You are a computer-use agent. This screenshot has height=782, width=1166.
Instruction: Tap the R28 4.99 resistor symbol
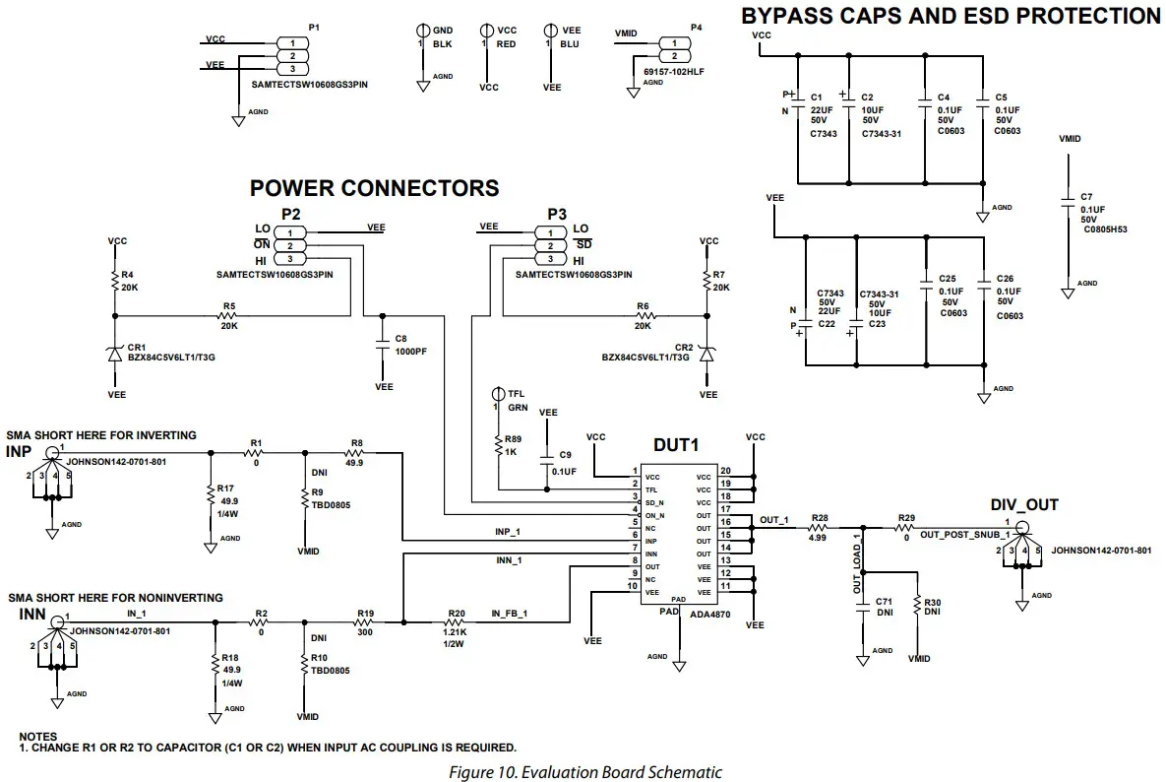tap(817, 528)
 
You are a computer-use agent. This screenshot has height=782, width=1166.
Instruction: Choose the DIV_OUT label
tap(1024, 505)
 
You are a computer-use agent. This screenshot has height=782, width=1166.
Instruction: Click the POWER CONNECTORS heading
tap(374, 188)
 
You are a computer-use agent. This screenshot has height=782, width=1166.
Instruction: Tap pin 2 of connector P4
tap(674, 57)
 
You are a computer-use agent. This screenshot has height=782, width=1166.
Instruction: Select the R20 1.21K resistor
tap(456, 621)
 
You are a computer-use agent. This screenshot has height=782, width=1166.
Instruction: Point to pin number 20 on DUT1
tap(725, 471)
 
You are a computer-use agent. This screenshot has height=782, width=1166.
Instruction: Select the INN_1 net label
tap(510, 560)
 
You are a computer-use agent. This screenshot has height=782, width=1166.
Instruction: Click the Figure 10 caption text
tap(585, 772)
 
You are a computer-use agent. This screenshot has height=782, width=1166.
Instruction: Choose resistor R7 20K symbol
tap(706, 281)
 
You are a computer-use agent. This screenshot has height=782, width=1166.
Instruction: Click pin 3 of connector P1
tap(292, 70)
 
